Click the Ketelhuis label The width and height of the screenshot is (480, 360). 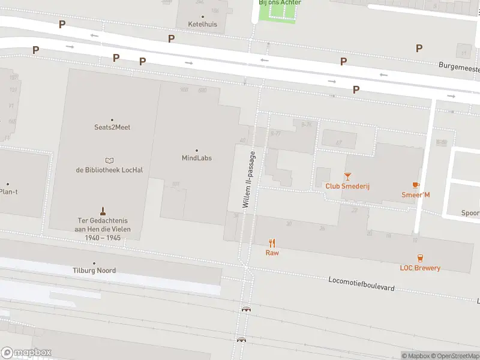[x=202, y=25]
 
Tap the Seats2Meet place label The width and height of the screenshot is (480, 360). [x=112, y=127]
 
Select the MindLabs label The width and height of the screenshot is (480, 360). [x=197, y=158]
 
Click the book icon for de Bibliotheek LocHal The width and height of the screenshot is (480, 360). [x=109, y=160]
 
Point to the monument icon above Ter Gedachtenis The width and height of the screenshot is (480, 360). [x=103, y=211]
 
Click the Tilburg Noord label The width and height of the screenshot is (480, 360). [x=94, y=271]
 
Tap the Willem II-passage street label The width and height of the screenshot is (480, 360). [x=249, y=180]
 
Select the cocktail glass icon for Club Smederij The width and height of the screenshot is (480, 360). [x=347, y=176]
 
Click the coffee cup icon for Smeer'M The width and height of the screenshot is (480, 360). [x=416, y=185]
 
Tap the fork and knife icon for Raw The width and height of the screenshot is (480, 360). [x=272, y=243]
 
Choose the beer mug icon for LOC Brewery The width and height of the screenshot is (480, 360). [x=420, y=258]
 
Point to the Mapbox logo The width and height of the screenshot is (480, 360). [x=26, y=353]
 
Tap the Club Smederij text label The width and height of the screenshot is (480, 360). [x=347, y=187]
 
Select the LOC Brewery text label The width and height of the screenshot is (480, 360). [x=420, y=268]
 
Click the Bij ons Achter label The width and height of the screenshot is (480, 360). [x=280, y=2]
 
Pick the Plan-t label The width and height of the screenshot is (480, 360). [x=8, y=192]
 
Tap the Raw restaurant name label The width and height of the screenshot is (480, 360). [x=272, y=253]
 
